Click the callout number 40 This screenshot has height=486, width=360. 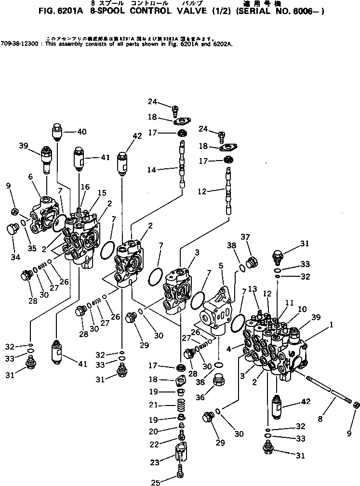click(x=81, y=132)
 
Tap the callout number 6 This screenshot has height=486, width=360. click(x=30, y=177)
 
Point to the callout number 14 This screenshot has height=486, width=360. click(x=152, y=169)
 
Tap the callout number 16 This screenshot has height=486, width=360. click(x=85, y=187)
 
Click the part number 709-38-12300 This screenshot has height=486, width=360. click(x=17, y=43)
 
